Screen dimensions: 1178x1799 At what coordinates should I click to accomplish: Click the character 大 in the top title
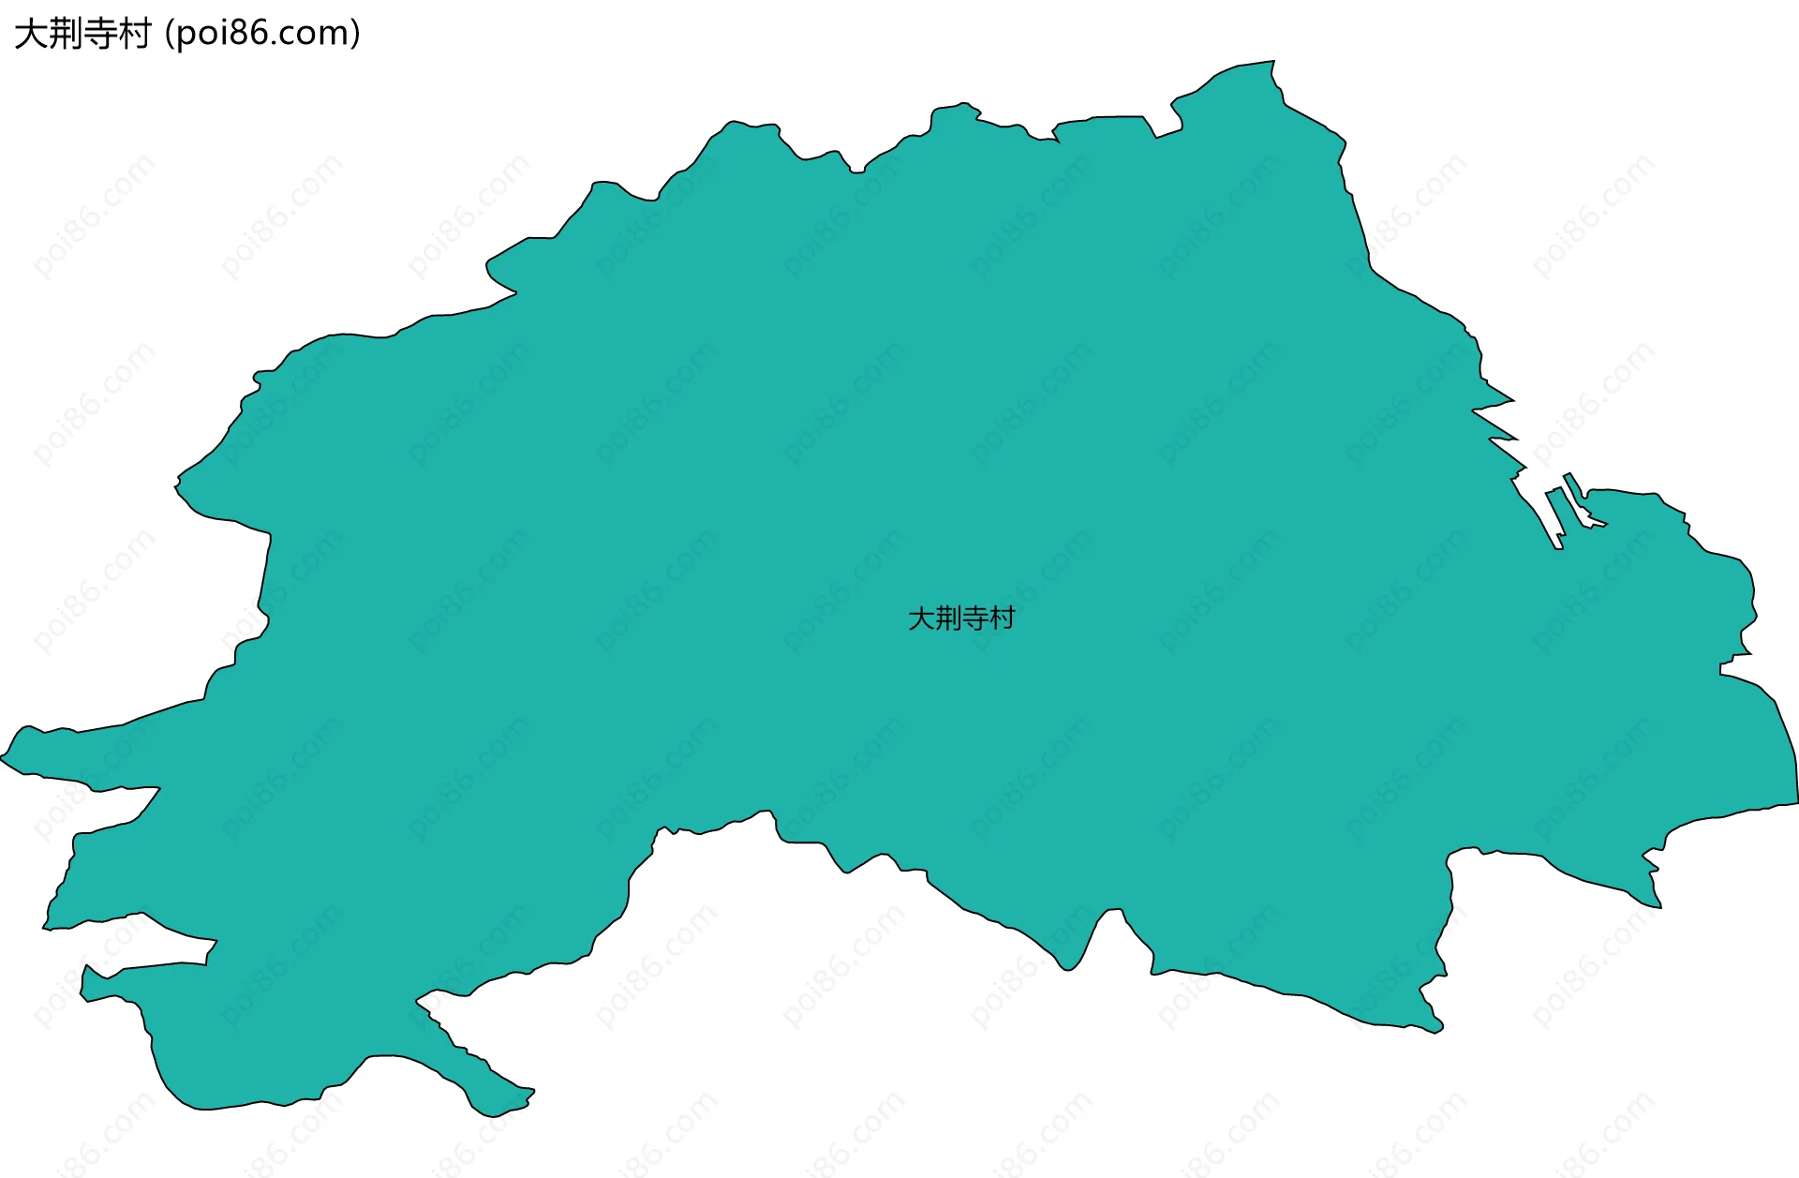pos(31,34)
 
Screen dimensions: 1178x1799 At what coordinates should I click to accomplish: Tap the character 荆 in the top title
pos(66,34)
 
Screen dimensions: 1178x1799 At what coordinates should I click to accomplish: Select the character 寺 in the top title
pos(100,34)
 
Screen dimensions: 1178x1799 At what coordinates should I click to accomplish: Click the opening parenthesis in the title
pos(169,34)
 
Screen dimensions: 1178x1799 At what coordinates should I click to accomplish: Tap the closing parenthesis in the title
pos(355,34)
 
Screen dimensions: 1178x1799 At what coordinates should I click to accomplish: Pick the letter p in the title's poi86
pos(185,36)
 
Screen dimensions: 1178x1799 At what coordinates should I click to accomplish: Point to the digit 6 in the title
pos(260,34)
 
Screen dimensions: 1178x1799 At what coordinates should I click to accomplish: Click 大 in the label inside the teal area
pos(921,619)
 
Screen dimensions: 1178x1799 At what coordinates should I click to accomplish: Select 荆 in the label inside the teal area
pos(948,619)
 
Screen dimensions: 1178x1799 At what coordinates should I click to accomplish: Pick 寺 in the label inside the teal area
pos(975,619)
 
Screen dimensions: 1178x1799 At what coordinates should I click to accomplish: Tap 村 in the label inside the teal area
pos(1003,619)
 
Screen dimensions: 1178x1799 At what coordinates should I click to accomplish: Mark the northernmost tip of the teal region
pos(1273,62)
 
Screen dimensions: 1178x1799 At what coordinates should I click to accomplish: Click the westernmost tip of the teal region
pos(2,757)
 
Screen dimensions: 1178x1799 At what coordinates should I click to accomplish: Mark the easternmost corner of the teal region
pos(1797,801)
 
